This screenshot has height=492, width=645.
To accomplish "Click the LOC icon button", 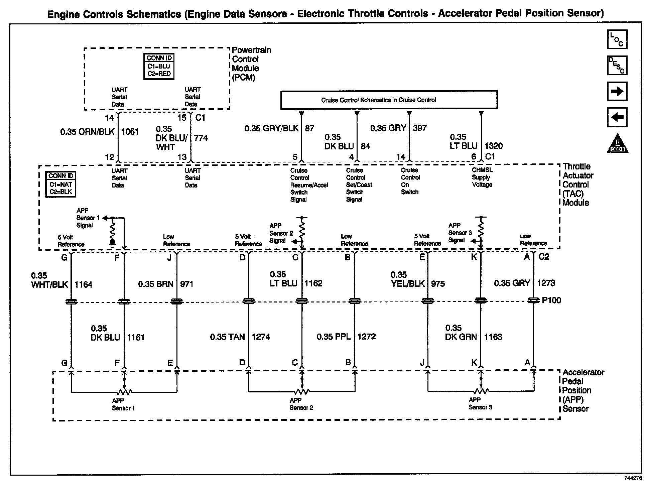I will tap(617, 39).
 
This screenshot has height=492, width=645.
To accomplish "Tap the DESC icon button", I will tap(617, 65).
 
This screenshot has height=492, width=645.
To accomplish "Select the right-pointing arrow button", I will tap(617, 91).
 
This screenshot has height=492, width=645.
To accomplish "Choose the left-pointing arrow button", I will tap(617, 117).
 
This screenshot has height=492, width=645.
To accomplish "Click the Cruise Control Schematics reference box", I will tap(389, 100).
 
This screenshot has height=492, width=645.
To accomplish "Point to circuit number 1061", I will tap(130, 132).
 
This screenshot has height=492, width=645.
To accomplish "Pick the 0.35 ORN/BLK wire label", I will tap(87, 132).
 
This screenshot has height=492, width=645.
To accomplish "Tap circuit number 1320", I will tap(494, 146).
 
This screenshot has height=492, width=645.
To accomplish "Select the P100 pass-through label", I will tap(551, 300).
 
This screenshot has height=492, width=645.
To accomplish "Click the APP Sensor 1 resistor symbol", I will tap(124, 391).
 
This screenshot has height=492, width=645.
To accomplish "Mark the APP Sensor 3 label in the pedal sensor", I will tap(480, 403).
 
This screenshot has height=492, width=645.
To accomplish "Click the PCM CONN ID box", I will tap(159, 66).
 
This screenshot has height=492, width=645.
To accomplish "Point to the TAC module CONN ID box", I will tap(61, 184).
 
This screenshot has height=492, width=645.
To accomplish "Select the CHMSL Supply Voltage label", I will tap(482, 177).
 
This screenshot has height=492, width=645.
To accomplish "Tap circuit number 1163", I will tap(493, 337).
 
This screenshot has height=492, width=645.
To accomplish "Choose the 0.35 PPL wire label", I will tap(334, 337).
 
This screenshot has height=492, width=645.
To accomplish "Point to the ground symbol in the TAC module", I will tap(113, 242).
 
